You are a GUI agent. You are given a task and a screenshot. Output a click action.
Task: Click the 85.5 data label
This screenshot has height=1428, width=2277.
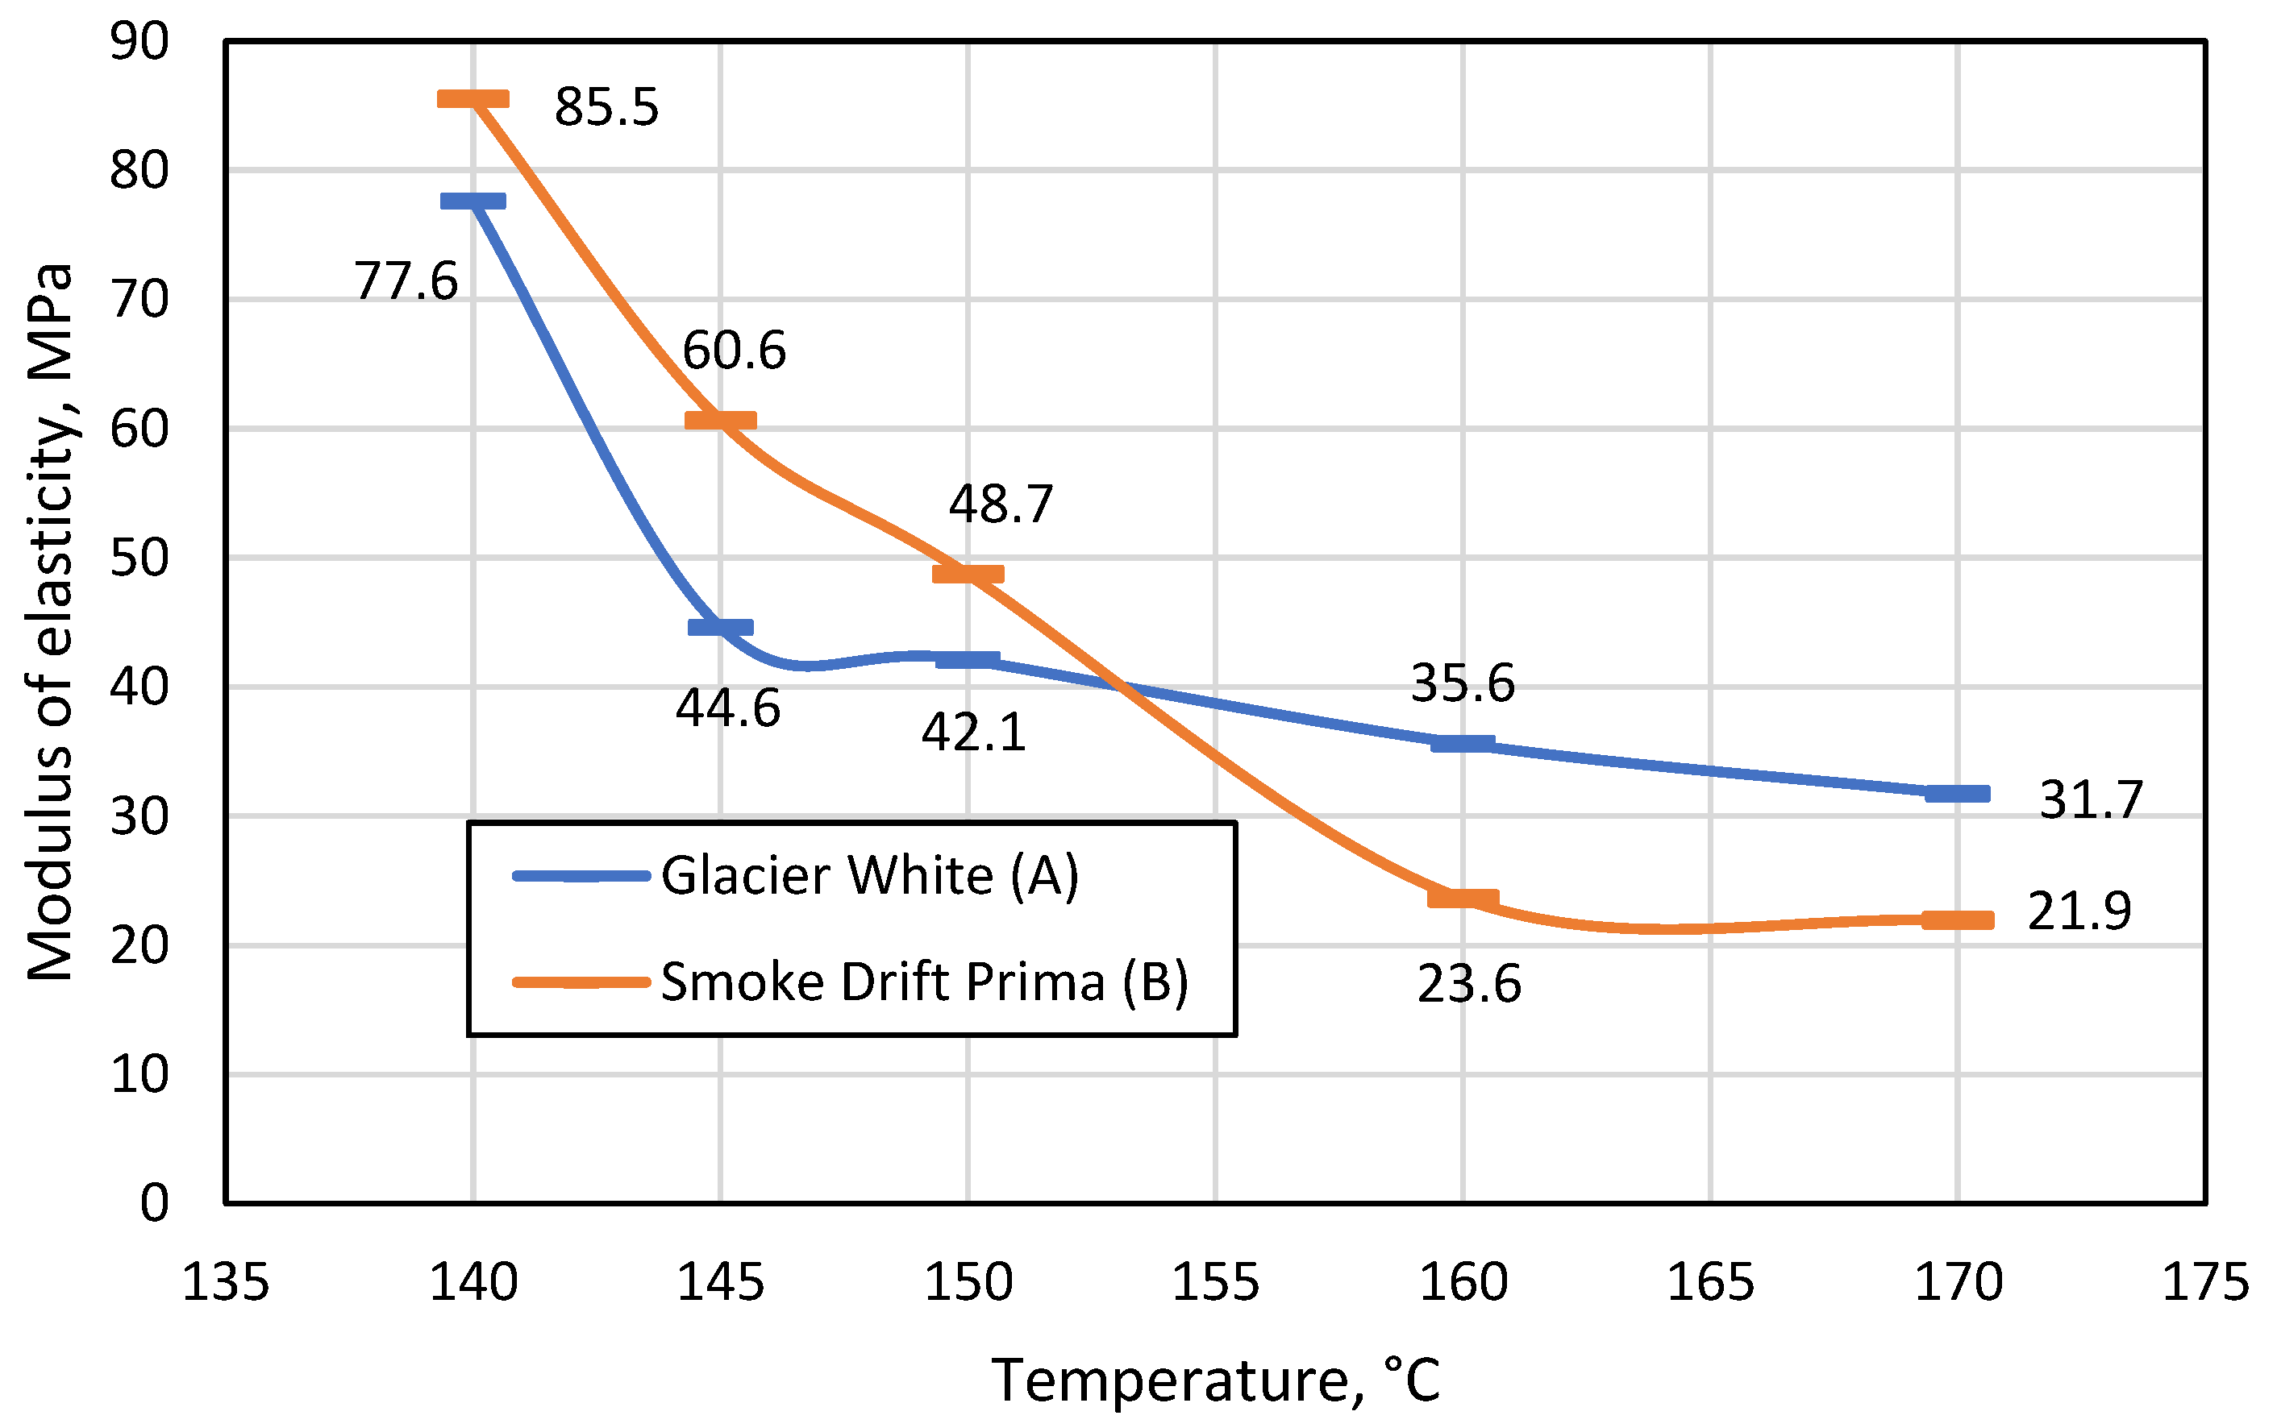click(x=606, y=106)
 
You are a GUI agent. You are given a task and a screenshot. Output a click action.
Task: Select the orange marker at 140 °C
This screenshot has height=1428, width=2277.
click(x=473, y=99)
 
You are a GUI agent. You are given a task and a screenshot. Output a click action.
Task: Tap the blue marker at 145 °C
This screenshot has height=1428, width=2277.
click(x=721, y=627)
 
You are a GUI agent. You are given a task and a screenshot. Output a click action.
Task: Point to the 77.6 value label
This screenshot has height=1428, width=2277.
click(x=406, y=281)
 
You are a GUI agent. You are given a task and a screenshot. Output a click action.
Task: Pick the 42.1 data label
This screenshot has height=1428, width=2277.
click(x=973, y=733)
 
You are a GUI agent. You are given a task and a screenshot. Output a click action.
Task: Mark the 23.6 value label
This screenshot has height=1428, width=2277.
click(x=1469, y=985)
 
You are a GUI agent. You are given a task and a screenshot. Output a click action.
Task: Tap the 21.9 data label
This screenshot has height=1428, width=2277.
click(x=2079, y=911)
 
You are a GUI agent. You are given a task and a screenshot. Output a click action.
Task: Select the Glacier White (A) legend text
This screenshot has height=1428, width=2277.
click(x=869, y=875)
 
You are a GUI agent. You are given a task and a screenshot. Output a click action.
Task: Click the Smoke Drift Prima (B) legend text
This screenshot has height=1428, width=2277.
click(x=924, y=982)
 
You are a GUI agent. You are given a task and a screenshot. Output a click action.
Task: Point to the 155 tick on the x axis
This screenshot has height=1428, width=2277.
click(x=1215, y=1283)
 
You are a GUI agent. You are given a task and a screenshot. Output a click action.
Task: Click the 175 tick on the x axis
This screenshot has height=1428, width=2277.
click(x=2205, y=1283)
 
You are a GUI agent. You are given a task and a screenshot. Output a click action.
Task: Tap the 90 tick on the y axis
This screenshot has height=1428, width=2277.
click(x=139, y=43)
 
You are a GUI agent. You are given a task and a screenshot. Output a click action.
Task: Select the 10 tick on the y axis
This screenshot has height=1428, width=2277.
click(x=139, y=1075)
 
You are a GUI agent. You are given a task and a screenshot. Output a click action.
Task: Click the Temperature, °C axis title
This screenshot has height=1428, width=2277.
click(x=1215, y=1380)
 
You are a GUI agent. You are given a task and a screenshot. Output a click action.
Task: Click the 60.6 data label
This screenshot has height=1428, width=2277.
click(x=734, y=351)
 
